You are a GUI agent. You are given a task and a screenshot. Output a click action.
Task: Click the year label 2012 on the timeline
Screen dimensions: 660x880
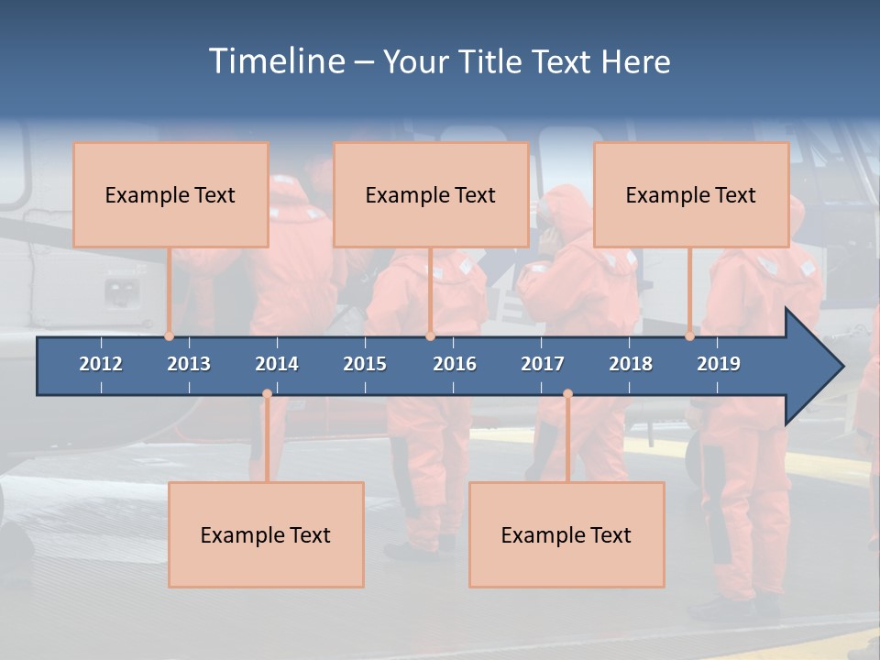pos(101,364)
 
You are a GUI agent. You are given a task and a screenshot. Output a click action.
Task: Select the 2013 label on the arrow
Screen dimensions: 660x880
pos(189,364)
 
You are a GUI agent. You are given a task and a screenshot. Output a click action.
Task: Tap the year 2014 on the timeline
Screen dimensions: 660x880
pos(277,364)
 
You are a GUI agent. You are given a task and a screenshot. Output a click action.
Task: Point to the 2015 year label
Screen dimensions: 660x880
pos(365,364)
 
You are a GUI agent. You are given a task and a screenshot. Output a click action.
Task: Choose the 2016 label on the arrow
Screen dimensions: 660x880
pos(455,364)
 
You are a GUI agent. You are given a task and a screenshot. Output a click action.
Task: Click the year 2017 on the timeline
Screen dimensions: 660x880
pos(543,364)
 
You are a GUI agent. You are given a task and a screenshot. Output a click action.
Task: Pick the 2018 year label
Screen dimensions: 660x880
pos(631,364)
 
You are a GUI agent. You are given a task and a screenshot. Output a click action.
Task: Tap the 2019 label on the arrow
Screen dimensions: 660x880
pos(719,364)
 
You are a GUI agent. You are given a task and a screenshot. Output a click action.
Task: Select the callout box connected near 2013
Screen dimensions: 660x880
pos(170,194)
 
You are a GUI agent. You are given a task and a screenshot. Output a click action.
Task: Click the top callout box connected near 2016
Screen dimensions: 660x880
pos(431,194)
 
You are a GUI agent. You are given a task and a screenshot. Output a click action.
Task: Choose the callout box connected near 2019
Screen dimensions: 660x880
pos(691,194)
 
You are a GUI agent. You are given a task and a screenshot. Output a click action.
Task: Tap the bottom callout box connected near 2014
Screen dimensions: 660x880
pos(266,534)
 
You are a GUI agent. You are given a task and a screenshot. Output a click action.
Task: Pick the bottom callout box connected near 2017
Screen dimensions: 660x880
pos(566,534)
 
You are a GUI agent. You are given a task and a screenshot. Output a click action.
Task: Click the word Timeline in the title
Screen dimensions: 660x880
pos(275,61)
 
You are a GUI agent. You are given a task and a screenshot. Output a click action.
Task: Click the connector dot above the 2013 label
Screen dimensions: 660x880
pos(170,335)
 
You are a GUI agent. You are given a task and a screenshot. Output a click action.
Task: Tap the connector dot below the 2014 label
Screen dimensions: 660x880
pos(267,394)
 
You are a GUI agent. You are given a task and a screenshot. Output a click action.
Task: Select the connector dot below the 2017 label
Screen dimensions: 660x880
pos(567,394)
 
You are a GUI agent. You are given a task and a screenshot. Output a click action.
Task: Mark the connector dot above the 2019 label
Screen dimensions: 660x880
pos(690,335)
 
